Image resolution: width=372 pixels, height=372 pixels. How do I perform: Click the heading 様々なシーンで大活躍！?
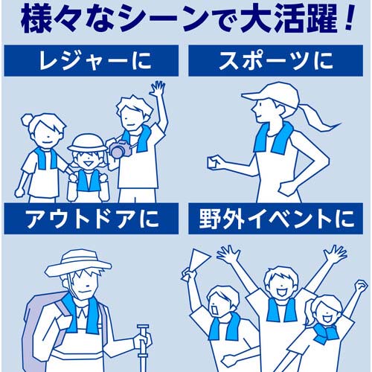click(x=186, y=21)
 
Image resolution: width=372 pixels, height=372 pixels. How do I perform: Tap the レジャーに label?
click(x=91, y=60)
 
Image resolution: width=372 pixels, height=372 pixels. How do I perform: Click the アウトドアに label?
click(x=91, y=219)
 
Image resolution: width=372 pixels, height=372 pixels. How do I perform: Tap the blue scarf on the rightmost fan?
click(x=324, y=330)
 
